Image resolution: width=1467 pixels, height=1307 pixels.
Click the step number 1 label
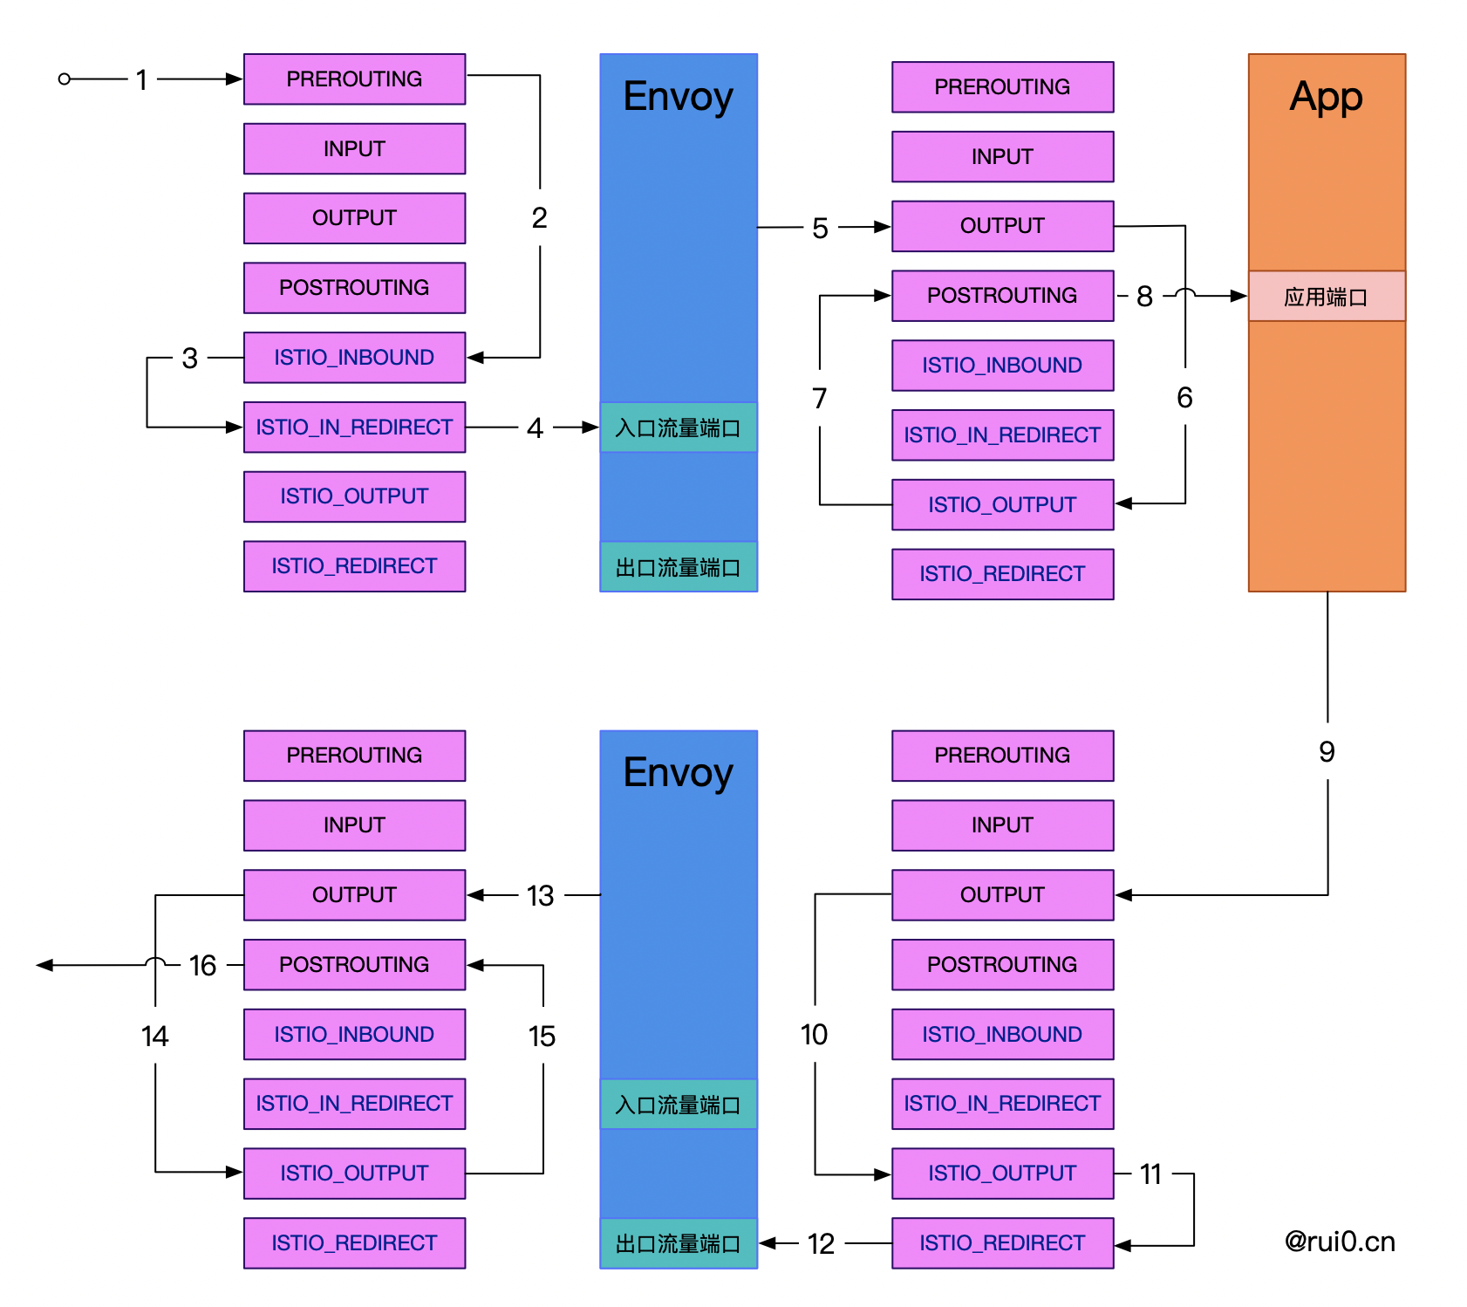pyautogui.click(x=141, y=80)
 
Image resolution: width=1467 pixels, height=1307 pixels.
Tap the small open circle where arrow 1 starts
pyautogui.click(x=64, y=79)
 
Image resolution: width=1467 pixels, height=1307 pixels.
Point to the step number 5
pyautogui.click(x=820, y=229)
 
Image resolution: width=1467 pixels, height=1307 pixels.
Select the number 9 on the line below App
pyautogui.click(x=1327, y=751)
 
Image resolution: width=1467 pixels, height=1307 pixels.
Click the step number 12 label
pyautogui.click(x=821, y=1243)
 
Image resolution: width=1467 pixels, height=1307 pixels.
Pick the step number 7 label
pyautogui.click(x=819, y=398)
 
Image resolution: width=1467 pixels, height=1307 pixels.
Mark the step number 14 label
pyautogui.click(x=154, y=1036)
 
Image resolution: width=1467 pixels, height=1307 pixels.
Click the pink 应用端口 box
pyautogui.click(x=1327, y=297)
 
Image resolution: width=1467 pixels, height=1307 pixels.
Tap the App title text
pyautogui.click(x=1326, y=98)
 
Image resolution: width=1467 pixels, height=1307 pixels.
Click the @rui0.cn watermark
pyautogui.click(x=1340, y=1242)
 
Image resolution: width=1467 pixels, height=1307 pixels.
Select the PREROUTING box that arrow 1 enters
pyautogui.click(x=354, y=79)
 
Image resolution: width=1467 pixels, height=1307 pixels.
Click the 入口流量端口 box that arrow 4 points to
pyautogui.click(x=679, y=428)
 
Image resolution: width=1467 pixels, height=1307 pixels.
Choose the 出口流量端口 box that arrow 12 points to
pyautogui.click(x=679, y=1243)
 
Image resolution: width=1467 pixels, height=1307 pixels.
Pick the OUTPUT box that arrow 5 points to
pyautogui.click(x=1002, y=226)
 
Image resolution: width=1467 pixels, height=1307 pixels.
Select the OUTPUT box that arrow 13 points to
pyautogui.click(x=354, y=895)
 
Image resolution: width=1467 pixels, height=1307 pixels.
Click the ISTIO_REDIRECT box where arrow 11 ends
pyautogui.click(x=1002, y=1243)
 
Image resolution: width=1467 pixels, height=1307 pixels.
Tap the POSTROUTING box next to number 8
pyautogui.click(x=1002, y=296)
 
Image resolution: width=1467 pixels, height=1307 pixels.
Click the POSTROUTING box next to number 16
pyautogui.click(x=354, y=965)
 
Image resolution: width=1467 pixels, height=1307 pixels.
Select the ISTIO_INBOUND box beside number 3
pyautogui.click(x=354, y=358)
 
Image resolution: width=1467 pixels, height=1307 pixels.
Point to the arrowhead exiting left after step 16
pyautogui.click(x=44, y=965)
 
